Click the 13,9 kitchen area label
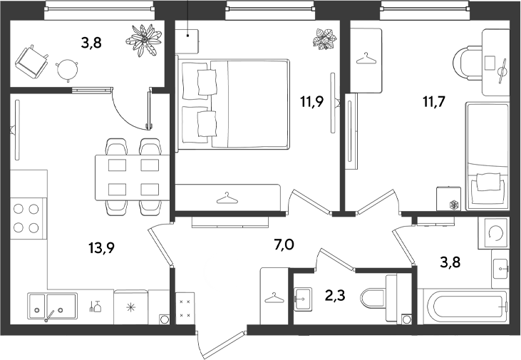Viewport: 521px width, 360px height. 102,247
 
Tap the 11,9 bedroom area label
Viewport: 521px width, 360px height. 312,102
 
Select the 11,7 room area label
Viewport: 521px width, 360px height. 433,102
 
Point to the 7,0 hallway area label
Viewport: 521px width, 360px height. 284,245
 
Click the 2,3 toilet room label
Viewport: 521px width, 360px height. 335,295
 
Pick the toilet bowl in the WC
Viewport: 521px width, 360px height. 378,298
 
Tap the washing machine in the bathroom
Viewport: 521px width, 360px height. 494,233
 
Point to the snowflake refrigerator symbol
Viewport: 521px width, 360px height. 130,307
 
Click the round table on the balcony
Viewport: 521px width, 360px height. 68,70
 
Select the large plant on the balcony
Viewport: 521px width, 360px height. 143,39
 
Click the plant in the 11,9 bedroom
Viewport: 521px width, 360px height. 324,39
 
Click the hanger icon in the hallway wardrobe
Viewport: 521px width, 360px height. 274,297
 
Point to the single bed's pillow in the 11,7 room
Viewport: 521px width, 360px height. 488,182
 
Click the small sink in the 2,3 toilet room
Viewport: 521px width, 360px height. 303,299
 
